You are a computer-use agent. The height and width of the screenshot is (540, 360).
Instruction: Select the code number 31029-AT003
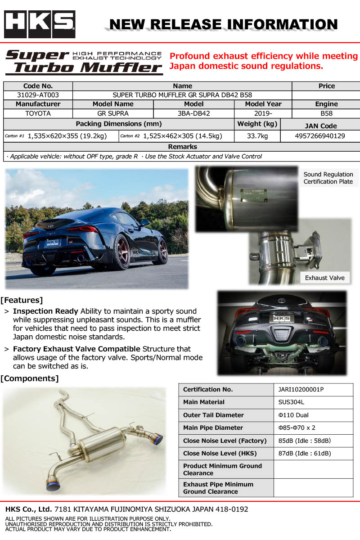pyautogui.click(x=38, y=95)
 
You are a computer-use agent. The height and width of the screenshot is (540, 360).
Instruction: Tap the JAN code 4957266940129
pyautogui.click(x=320, y=136)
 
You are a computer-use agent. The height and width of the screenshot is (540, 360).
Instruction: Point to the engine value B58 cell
pyautogui.click(x=326, y=113)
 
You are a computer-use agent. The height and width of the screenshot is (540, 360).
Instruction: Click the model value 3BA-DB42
pyautogui.click(x=193, y=113)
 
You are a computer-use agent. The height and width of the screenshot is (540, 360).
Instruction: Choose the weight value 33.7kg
pyautogui.click(x=257, y=136)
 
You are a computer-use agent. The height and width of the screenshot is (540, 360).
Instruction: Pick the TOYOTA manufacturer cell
pyautogui.click(x=38, y=113)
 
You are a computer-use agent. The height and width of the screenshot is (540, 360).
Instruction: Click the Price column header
pyautogui.click(x=326, y=86)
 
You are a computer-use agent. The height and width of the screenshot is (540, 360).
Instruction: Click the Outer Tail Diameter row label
pyautogui.click(x=213, y=415)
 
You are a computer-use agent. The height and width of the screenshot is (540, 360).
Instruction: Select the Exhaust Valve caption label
pyautogui.click(x=324, y=278)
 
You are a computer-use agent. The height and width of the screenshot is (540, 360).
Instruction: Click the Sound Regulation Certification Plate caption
pyautogui.click(x=328, y=178)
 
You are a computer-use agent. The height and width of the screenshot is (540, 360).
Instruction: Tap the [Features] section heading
pyautogui.click(x=22, y=300)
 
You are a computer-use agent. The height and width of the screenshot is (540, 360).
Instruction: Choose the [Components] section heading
pyautogui.click(x=30, y=378)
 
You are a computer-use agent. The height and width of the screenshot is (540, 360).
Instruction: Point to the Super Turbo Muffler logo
pyautogui.click(x=84, y=62)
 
